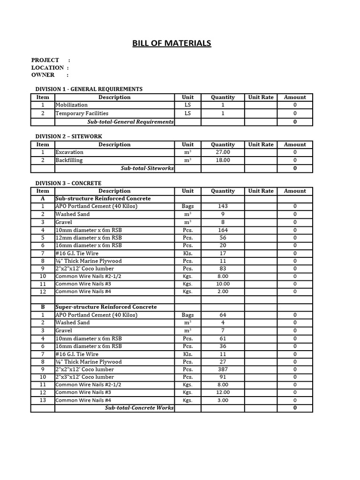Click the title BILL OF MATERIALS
(171, 44)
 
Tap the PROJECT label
(45, 60)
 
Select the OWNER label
(43, 75)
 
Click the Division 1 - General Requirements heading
(89, 89)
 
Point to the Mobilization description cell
(72, 105)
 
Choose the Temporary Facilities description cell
(82, 113)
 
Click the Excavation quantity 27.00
(223, 152)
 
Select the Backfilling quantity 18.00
(223, 160)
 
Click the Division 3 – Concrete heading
(68, 183)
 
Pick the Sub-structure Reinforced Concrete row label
(103, 199)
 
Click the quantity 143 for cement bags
(223, 206)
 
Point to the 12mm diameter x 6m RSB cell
(89, 238)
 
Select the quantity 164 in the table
(223, 230)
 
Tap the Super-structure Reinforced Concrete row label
(106, 307)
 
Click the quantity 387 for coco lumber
(223, 369)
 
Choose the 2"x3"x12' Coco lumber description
(85, 377)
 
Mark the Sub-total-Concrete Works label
(139, 408)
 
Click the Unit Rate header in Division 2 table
(261, 145)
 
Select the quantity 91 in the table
(223, 377)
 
